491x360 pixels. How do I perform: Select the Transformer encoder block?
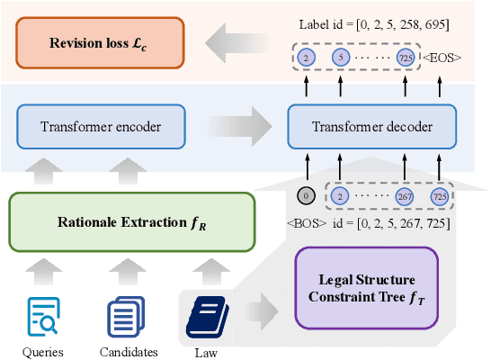pos(100,127)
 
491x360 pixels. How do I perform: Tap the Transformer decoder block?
pos(370,127)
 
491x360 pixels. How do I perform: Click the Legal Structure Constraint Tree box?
pos(366,288)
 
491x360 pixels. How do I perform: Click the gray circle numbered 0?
pos(306,196)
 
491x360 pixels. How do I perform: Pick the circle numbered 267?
pos(404,196)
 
